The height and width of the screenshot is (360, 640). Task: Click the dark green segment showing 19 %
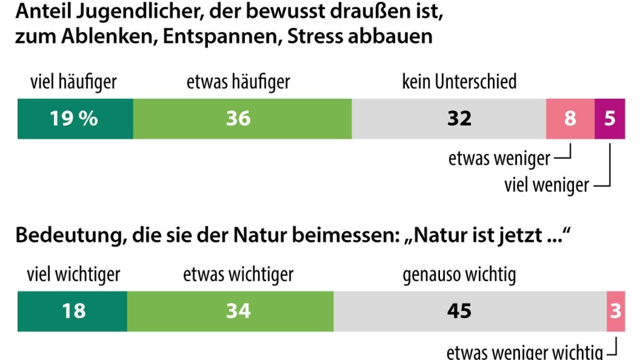coord(75,118)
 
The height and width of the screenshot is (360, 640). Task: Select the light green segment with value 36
coord(242,118)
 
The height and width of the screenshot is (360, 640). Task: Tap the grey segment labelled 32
coord(449,118)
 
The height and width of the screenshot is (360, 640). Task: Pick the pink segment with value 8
coord(570,118)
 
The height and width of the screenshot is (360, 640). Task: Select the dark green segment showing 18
coord(73,311)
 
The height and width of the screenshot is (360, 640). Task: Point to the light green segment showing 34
coord(230,311)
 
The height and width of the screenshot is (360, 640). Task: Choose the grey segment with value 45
coord(470,311)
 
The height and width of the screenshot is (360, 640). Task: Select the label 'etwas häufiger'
coord(238,82)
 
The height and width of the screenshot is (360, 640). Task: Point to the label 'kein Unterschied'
coord(459,82)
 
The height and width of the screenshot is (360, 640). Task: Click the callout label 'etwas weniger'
coord(499,158)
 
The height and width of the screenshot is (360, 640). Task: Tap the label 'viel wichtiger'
coord(74,275)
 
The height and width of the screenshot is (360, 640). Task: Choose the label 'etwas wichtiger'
coord(238,275)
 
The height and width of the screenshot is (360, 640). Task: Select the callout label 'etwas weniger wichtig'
coord(524,353)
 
